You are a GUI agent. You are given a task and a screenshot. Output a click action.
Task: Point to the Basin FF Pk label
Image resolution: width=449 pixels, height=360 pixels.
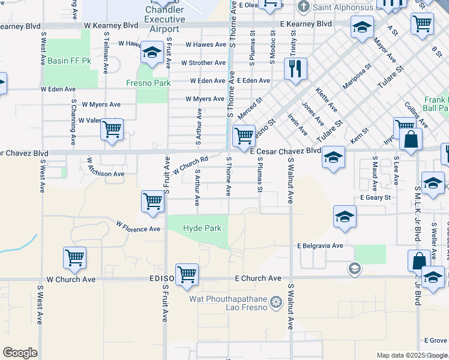(x=69, y=61)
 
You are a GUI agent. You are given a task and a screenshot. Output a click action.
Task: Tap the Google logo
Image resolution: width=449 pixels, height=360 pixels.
(x=20, y=353)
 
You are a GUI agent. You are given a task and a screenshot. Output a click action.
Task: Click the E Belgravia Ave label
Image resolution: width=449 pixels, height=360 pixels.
(x=319, y=245)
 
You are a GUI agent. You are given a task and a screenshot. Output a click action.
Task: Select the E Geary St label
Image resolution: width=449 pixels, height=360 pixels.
(x=375, y=197)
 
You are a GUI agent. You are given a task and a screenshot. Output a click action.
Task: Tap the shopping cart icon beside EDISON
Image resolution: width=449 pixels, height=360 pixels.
(x=187, y=274)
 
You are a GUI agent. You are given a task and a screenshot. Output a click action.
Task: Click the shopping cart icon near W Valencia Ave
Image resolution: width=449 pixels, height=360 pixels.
(x=112, y=129)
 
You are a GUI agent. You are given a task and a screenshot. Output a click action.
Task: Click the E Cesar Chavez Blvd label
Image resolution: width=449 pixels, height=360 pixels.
(x=285, y=151)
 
